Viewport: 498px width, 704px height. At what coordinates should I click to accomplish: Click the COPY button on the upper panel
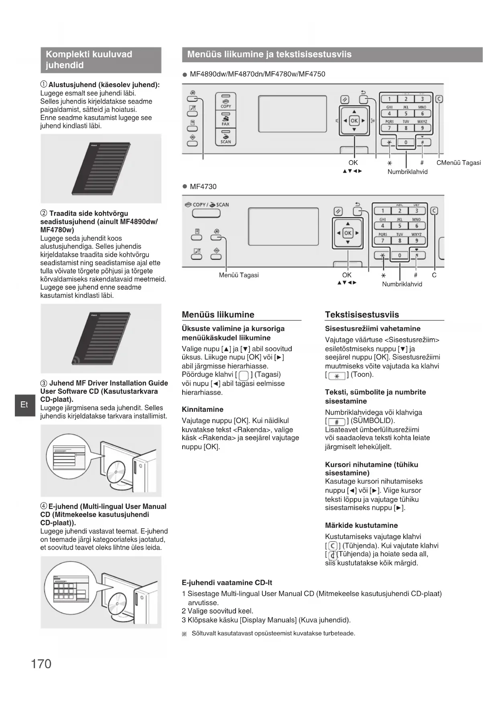226,102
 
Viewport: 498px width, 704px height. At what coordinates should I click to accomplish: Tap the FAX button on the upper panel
226,120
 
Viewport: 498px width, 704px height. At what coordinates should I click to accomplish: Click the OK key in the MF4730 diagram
348,233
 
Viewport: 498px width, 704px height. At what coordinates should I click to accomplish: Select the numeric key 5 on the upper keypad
406,114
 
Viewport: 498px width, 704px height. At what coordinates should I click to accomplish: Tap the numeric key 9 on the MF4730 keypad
417,240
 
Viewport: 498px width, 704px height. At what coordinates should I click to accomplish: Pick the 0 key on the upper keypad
406,142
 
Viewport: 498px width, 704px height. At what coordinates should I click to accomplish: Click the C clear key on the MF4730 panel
434,211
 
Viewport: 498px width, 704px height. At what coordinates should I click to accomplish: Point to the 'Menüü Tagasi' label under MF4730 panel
239,275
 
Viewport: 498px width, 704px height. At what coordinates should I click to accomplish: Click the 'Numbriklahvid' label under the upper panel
407,172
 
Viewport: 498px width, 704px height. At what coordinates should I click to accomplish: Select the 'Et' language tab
24,405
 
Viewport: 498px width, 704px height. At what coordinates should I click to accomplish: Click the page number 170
41,664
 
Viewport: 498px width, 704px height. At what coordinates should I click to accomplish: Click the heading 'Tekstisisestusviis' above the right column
362,315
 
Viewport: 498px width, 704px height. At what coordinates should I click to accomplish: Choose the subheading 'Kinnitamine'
203,409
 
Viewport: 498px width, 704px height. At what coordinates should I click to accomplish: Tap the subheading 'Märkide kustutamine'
361,525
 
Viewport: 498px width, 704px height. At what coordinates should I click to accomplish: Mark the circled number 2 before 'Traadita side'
44,214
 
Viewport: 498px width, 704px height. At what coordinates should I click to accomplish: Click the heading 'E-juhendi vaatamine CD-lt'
227,583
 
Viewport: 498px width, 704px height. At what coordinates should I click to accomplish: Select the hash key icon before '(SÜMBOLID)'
337,422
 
